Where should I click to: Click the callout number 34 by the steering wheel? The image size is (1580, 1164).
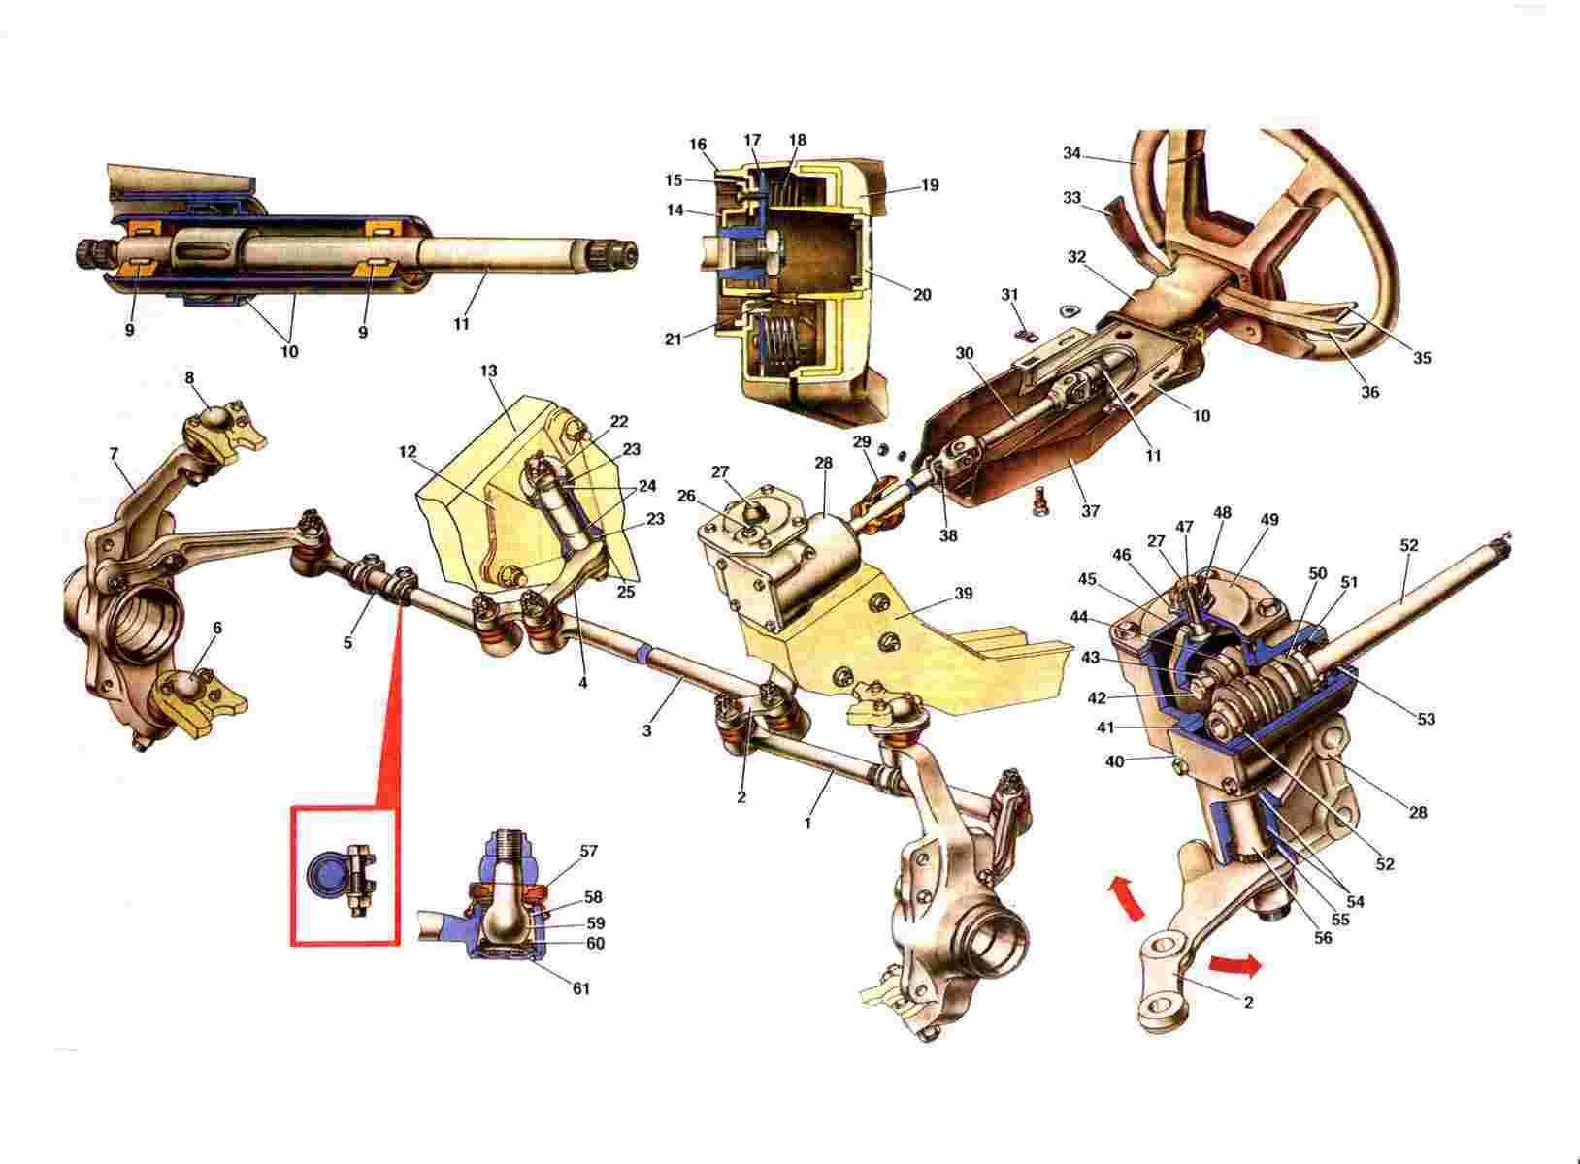(x=1071, y=153)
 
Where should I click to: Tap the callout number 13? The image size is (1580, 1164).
(x=489, y=371)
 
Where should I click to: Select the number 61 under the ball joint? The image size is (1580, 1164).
(x=580, y=988)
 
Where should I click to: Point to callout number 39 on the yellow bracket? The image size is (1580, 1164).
(x=963, y=594)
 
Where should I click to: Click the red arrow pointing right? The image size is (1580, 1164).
(x=1234, y=965)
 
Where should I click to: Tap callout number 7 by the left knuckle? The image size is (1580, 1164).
(x=115, y=454)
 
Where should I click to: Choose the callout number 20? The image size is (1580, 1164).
(x=922, y=295)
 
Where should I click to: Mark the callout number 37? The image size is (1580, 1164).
(x=1090, y=510)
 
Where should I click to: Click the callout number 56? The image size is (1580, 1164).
(x=1323, y=938)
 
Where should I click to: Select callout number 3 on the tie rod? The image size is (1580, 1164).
(x=646, y=731)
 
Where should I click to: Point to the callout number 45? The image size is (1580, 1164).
(x=1087, y=579)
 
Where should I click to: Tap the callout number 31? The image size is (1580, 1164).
(x=1010, y=294)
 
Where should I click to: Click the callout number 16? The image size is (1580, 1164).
(x=697, y=145)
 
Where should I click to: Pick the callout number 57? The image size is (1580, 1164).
(x=587, y=851)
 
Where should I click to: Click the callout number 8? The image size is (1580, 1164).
(x=189, y=378)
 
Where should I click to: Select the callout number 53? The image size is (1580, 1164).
(x=1426, y=719)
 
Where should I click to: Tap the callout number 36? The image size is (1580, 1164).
(x=1369, y=392)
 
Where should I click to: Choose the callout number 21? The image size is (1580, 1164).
(x=674, y=339)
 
